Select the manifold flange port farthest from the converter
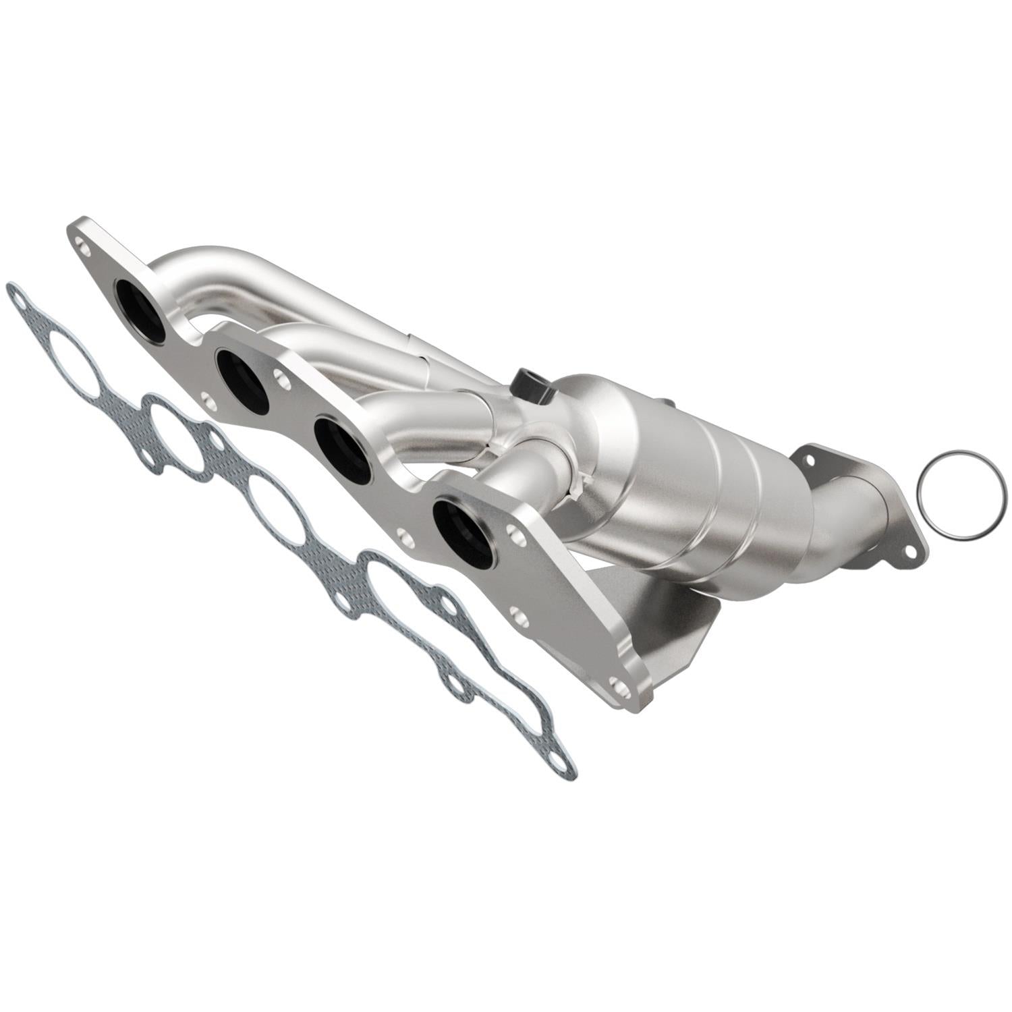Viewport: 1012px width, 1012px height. click(140, 310)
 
